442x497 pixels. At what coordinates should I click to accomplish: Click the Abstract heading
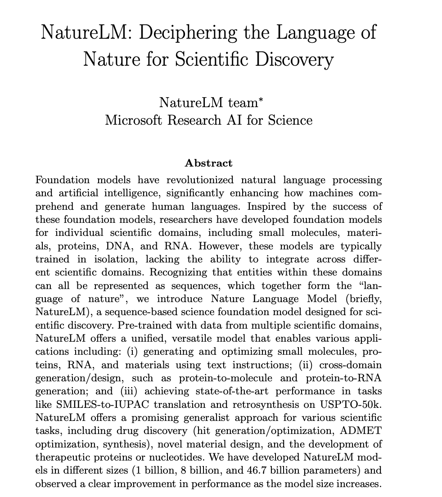point(209,163)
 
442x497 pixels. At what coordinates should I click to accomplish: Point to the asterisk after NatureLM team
point(260,99)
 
